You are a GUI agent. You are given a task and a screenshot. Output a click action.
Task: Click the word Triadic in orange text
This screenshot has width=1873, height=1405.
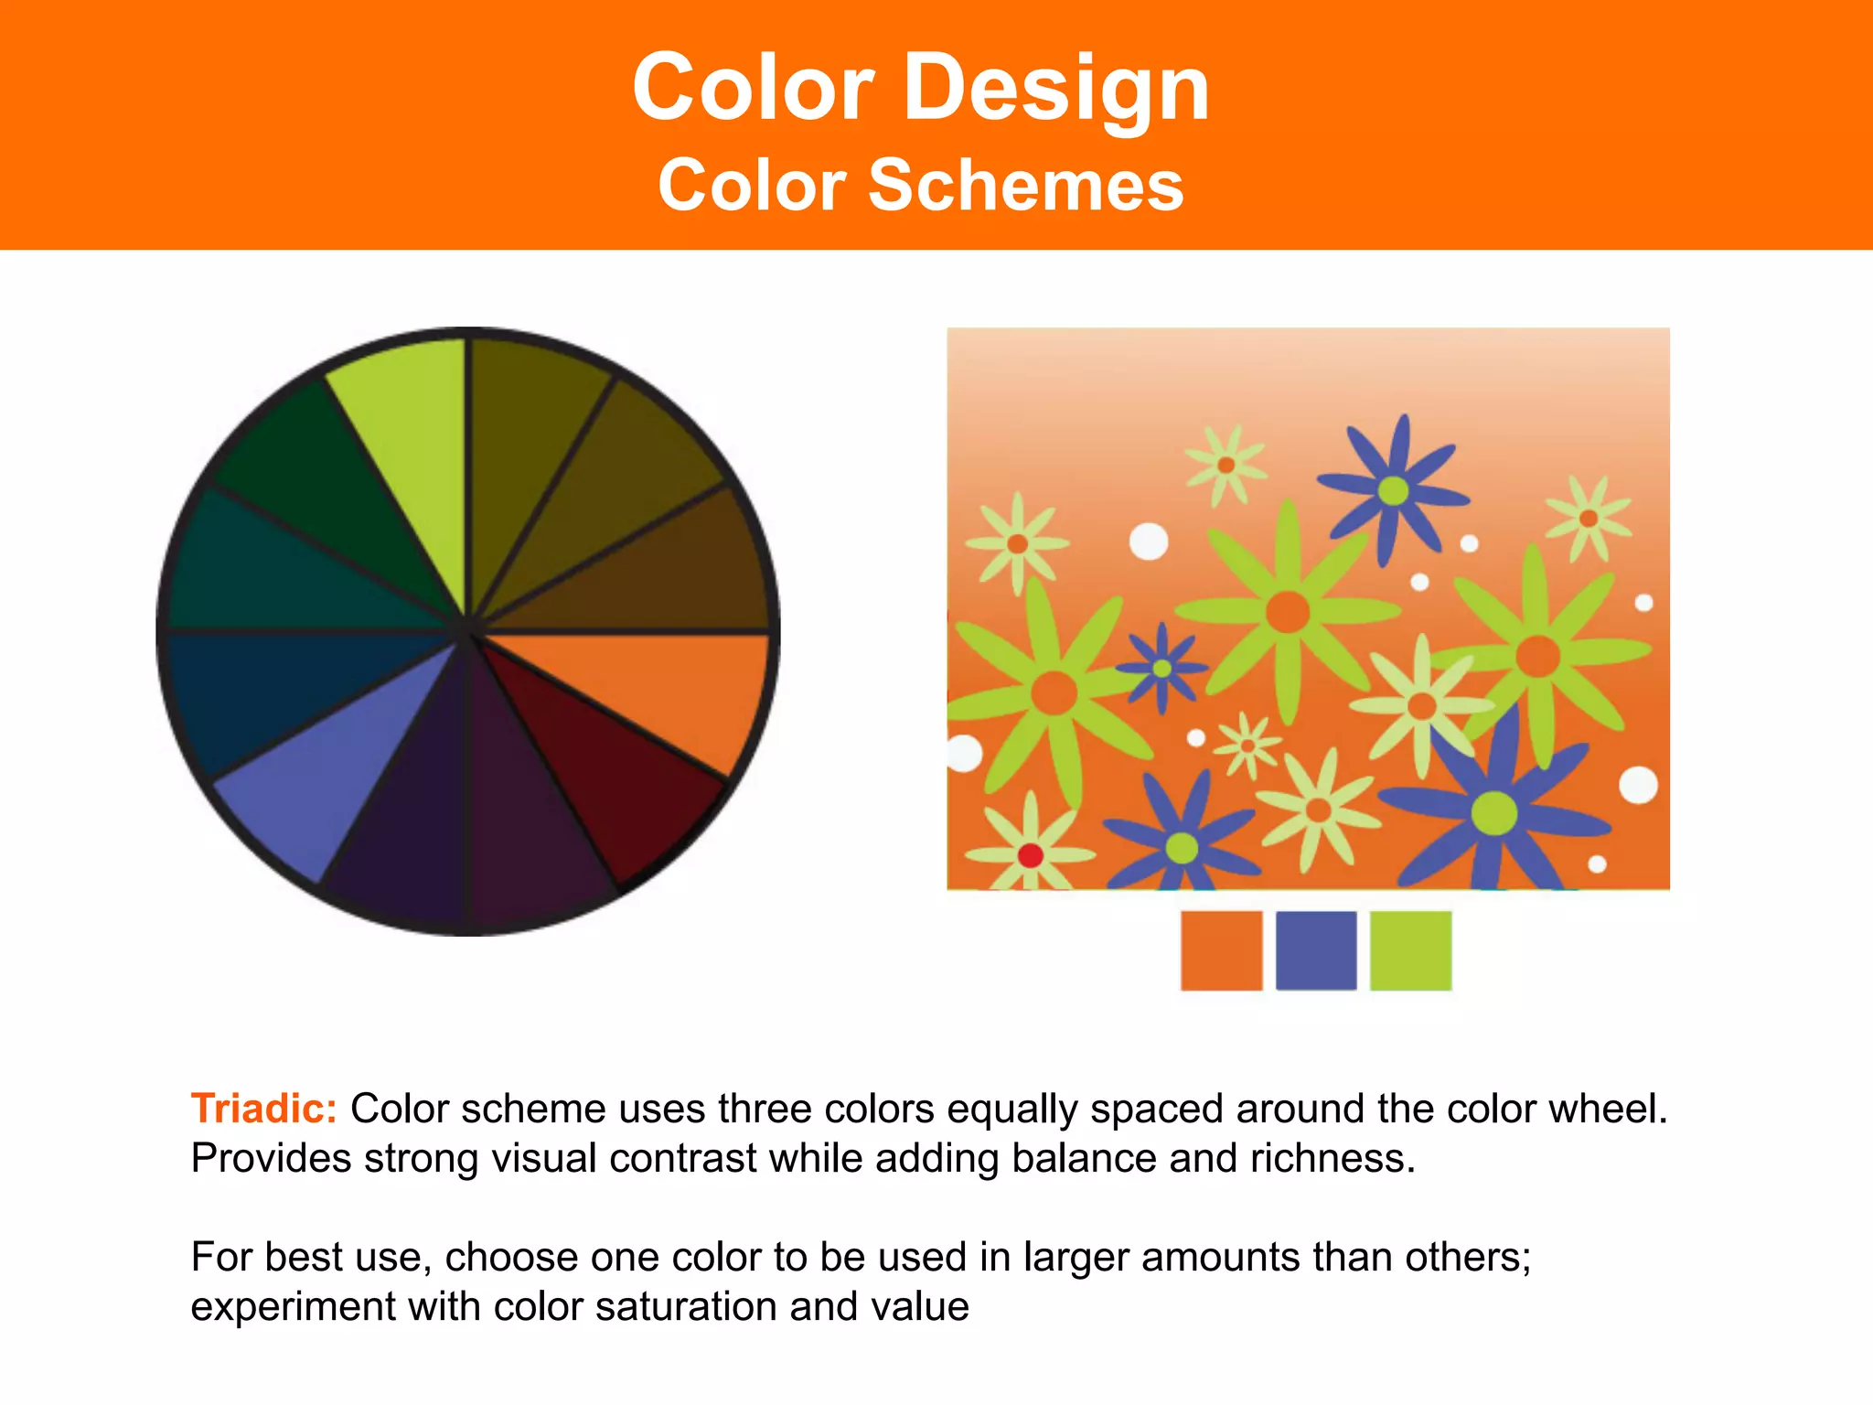263,1109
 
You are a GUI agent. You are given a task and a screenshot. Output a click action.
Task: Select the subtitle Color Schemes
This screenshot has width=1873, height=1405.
921,186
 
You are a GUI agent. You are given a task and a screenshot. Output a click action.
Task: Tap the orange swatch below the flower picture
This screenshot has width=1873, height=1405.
1221,950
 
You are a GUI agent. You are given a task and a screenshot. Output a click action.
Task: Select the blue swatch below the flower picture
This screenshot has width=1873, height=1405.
1316,950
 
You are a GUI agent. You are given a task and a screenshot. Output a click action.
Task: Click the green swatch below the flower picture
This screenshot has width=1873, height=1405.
1410,950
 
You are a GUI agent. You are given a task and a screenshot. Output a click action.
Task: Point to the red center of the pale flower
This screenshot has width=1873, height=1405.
1031,855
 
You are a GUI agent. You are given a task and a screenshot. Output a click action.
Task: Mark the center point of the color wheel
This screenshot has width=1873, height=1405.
467,630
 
